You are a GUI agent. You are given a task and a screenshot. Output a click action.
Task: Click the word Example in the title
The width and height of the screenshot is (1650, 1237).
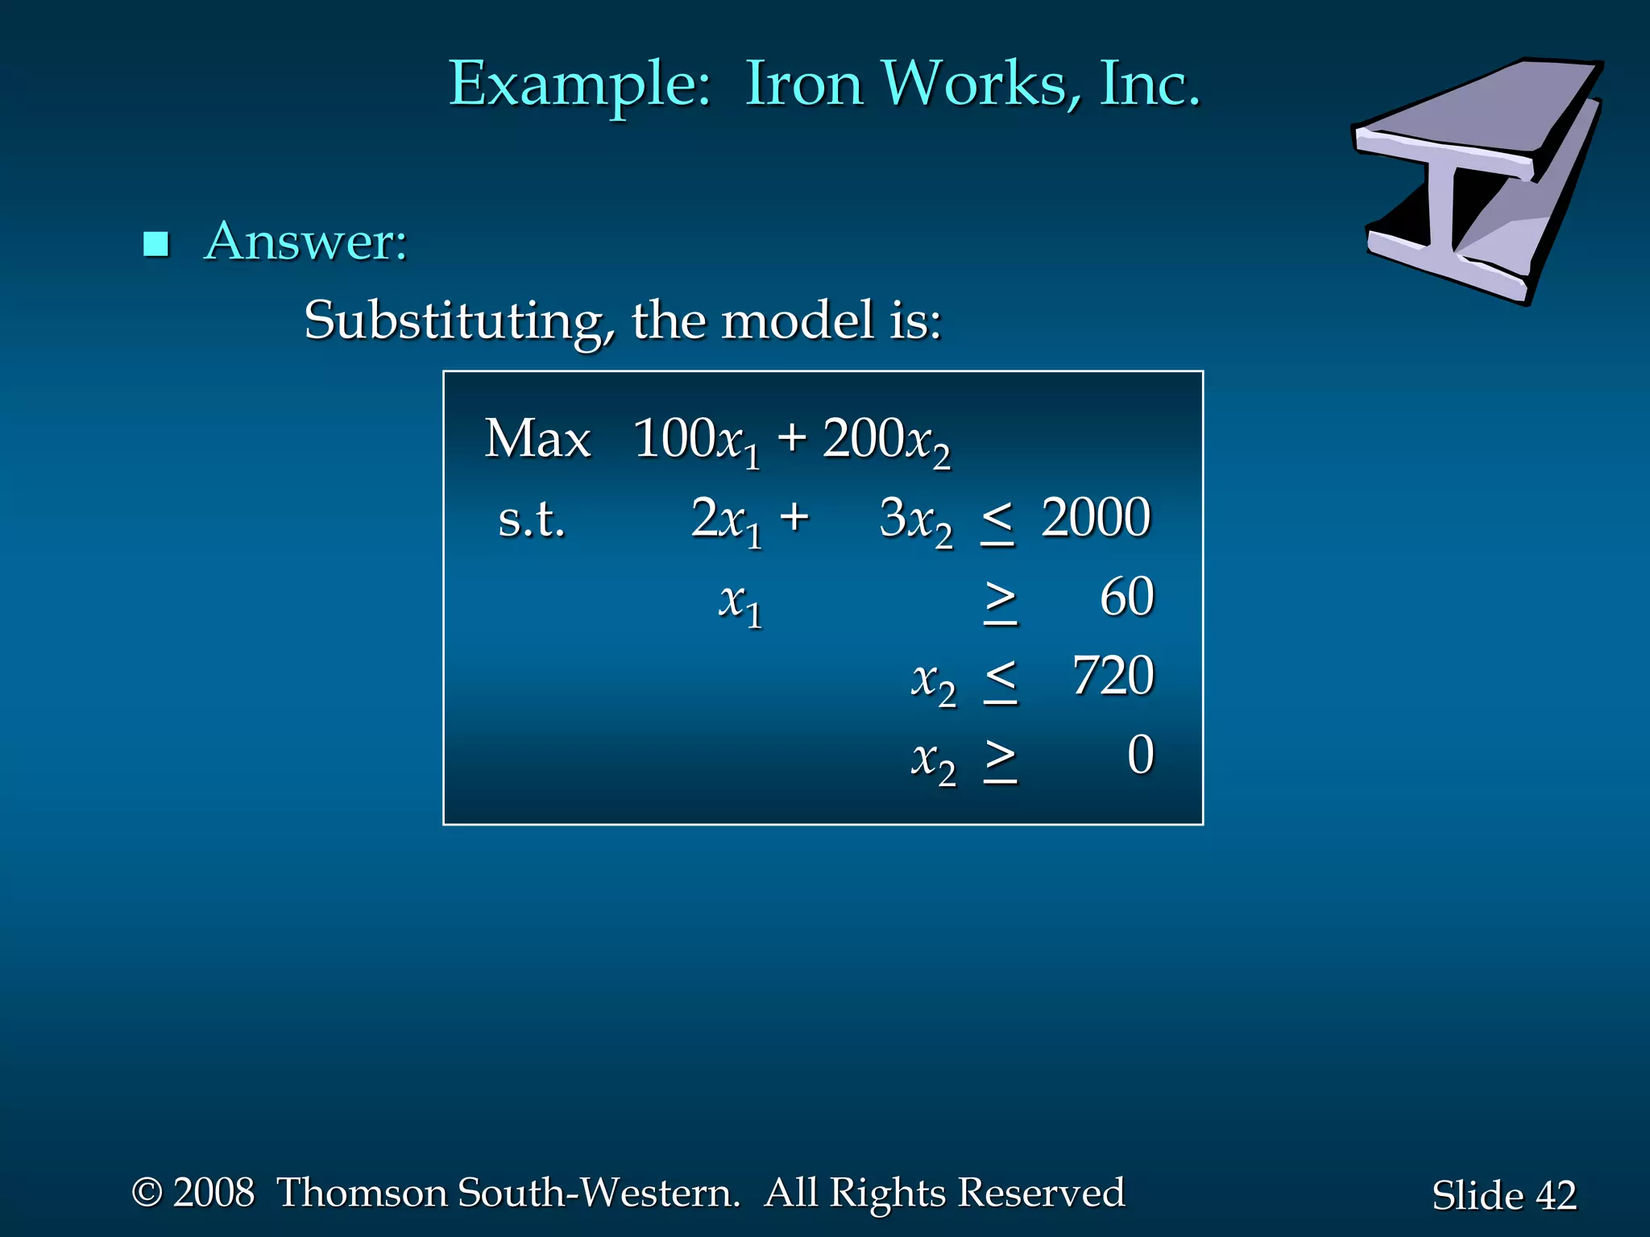(579, 85)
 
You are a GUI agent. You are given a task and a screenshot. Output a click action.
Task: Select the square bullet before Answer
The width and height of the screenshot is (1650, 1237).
(155, 243)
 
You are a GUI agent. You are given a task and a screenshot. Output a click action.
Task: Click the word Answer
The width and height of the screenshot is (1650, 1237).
(306, 241)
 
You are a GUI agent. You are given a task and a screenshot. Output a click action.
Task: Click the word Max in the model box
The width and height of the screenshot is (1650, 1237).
(537, 440)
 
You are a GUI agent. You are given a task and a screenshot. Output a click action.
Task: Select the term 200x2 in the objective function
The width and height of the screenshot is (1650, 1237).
(886, 441)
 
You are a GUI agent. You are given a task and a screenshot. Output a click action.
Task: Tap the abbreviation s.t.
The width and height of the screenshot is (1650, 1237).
(532, 519)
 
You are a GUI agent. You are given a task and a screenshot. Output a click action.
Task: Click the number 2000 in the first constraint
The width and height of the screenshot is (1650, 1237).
(1096, 517)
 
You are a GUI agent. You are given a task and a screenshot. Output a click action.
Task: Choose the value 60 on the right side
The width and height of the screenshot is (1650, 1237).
(1127, 597)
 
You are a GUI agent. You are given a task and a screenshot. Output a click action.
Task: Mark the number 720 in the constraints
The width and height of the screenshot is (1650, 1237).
(1113, 676)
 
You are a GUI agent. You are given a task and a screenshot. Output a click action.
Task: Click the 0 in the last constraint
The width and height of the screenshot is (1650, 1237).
(1140, 755)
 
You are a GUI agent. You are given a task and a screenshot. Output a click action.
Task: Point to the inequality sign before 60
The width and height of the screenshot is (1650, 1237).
(1001, 602)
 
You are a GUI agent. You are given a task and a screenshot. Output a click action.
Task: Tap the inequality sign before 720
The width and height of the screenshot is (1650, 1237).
(1001, 681)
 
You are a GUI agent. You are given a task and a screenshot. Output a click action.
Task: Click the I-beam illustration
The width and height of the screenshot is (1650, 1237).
(1478, 181)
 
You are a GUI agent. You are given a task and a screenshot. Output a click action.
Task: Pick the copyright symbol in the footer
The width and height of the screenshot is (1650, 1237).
(147, 1192)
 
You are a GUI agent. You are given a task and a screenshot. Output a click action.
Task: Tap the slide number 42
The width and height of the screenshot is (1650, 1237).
(1556, 1195)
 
